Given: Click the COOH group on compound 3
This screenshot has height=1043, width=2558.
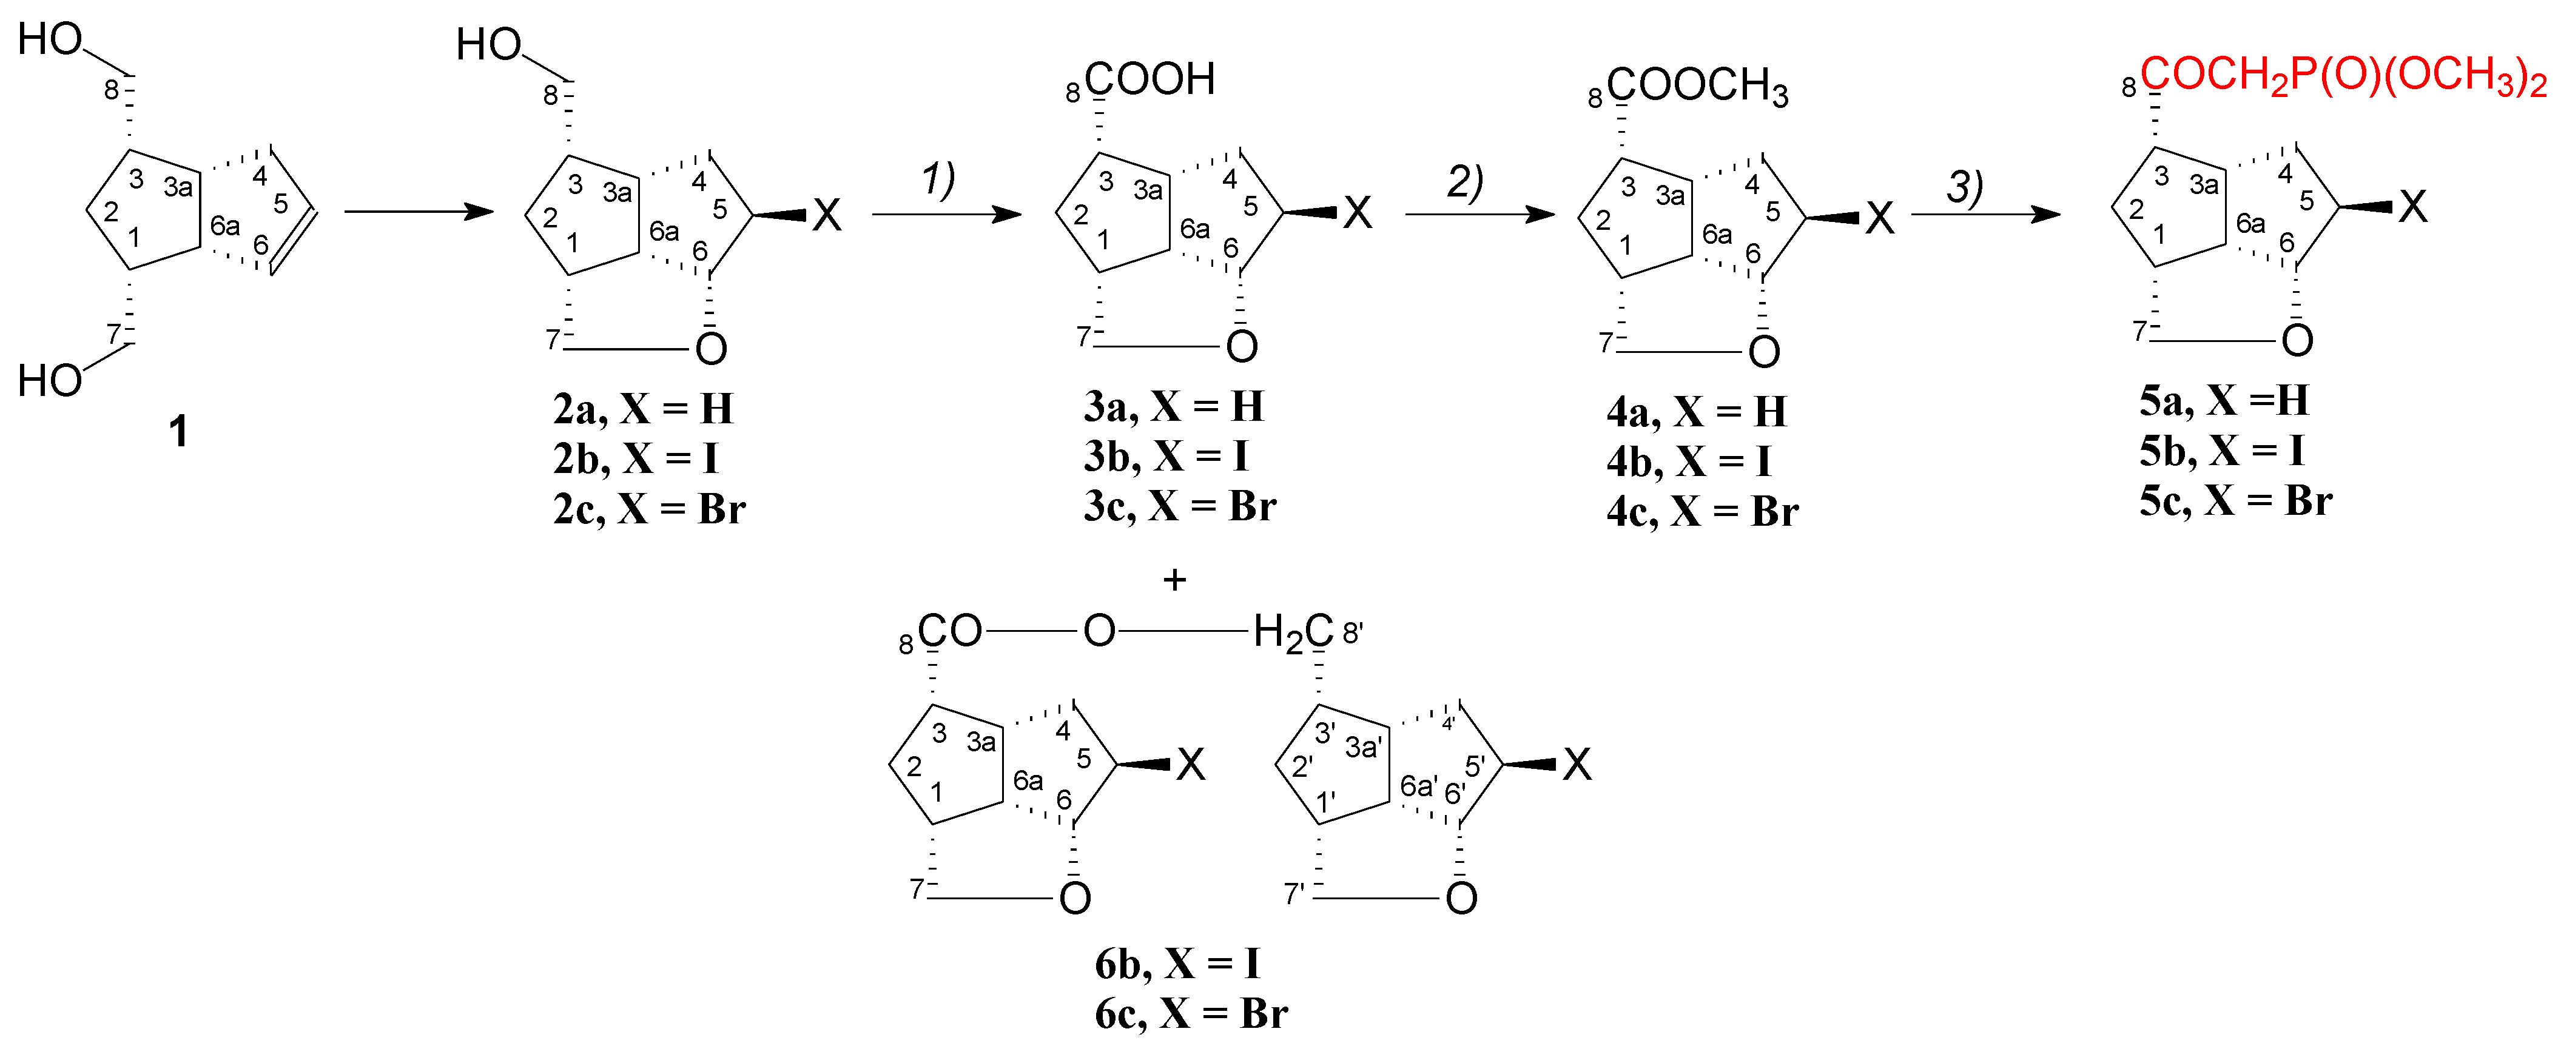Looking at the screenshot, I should (x=1150, y=79).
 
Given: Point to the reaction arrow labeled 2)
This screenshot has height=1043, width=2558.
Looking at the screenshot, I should (x=1479, y=213).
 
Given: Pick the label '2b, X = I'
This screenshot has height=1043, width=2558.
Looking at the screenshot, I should (x=636, y=458).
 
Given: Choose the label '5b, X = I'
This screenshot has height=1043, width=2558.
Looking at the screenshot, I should (x=2221, y=451).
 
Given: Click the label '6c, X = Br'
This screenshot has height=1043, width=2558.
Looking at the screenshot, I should (x=1191, y=1013).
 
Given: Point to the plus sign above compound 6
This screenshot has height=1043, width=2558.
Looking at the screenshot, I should (x=1175, y=580).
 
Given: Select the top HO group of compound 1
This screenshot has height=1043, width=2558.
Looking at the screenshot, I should (x=50, y=39).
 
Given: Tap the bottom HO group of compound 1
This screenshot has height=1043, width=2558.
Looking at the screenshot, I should (x=50, y=381).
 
